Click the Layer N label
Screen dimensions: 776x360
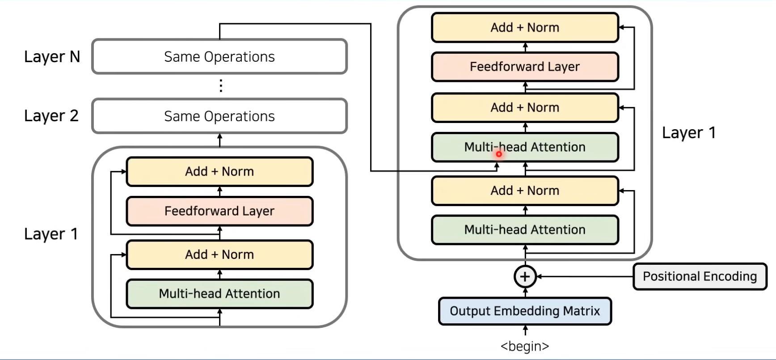(x=52, y=57)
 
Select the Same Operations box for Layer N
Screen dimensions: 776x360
(x=219, y=56)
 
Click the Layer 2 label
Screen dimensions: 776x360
(x=51, y=116)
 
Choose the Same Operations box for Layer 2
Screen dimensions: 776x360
(x=219, y=116)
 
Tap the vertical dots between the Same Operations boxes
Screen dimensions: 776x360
(x=220, y=85)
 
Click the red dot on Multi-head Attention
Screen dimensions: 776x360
(x=499, y=154)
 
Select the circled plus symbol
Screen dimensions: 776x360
(x=525, y=276)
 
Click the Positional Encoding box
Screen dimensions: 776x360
(x=700, y=276)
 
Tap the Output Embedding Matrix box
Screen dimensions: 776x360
(x=525, y=311)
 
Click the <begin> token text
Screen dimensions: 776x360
(x=525, y=346)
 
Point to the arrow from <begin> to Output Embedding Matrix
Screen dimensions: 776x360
(x=525, y=330)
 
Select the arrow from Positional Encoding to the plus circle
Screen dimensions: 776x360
(x=585, y=276)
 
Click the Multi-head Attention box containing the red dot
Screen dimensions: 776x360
(x=525, y=147)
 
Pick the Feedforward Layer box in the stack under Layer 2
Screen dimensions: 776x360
(x=219, y=211)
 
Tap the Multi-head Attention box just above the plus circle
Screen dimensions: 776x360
(x=525, y=229)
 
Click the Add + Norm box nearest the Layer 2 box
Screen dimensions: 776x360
(x=219, y=171)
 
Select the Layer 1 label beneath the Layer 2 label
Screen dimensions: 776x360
(x=51, y=234)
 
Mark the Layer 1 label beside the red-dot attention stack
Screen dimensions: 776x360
(x=689, y=133)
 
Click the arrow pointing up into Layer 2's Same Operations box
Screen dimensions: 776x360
(x=219, y=140)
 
